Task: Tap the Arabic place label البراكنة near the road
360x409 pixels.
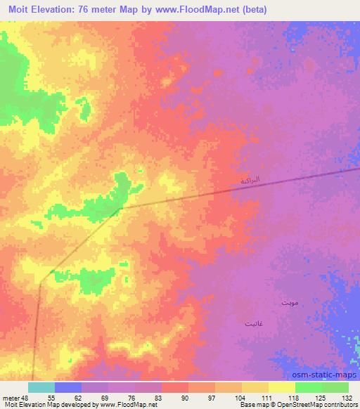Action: click(x=250, y=181)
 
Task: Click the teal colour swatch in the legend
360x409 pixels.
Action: click(x=41, y=387)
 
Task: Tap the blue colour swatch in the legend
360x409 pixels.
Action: click(x=68, y=387)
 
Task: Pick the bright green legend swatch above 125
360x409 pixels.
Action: click(x=308, y=387)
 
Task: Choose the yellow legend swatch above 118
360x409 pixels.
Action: click(x=281, y=387)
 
